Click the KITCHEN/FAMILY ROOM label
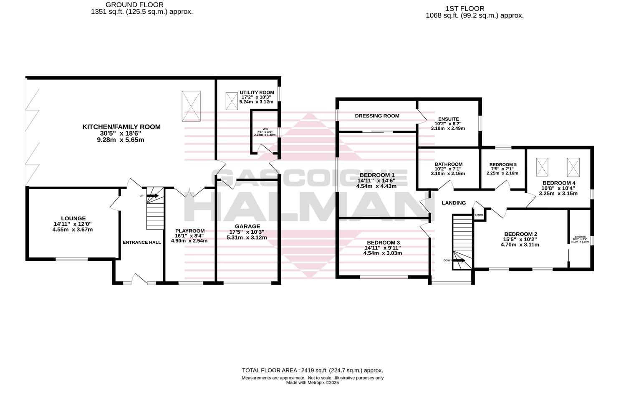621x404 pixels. tap(121, 127)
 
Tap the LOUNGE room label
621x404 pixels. tap(73, 218)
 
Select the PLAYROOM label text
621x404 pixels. tap(189, 231)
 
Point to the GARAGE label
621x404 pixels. tap(247, 227)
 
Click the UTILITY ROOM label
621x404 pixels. tap(257, 93)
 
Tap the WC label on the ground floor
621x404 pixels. tap(265, 129)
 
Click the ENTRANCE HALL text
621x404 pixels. tap(141, 242)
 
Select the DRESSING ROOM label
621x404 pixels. tap(377, 116)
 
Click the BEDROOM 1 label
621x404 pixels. tap(376, 175)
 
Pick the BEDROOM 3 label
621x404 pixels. tap(383, 242)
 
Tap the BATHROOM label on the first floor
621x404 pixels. tap(448, 164)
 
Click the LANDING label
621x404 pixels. tap(454, 203)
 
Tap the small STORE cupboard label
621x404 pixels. tap(479, 215)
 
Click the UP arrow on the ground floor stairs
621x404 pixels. tap(152, 195)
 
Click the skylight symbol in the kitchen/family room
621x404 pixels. tap(191, 106)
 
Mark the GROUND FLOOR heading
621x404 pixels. tap(134, 5)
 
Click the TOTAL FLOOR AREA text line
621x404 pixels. tap(312, 370)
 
